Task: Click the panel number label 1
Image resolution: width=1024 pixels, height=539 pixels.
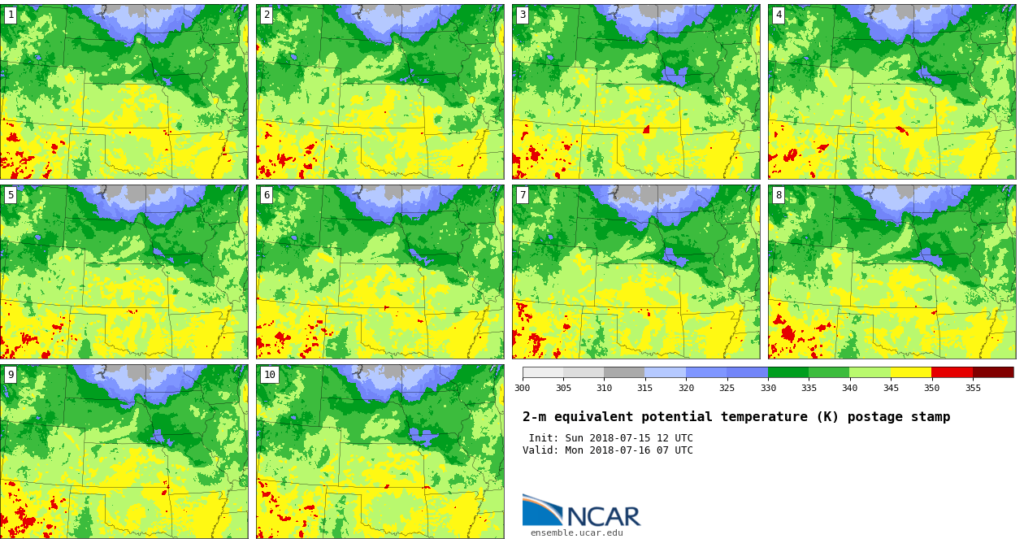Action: (x=11, y=15)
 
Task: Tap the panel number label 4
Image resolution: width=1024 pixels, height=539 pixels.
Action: (x=779, y=15)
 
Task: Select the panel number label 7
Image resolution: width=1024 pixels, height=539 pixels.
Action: (x=523, y=195)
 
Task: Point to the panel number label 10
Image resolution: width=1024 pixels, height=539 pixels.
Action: (x=269, y=375)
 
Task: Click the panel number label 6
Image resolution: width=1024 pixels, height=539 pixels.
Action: (x=267, y=195)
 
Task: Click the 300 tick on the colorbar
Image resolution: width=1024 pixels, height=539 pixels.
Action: (x=522, y=388)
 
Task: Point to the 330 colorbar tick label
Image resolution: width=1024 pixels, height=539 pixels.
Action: (x=768, y=388)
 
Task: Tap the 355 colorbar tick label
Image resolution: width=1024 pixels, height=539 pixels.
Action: (x=973, y=388)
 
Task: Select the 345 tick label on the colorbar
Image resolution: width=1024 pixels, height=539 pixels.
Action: (x=891, y=388)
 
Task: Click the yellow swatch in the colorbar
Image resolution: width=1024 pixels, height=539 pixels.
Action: (x=911, y=372)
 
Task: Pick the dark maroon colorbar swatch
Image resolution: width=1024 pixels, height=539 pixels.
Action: (x=993, y=372)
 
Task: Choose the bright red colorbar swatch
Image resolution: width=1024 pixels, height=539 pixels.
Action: (x=952, y=372)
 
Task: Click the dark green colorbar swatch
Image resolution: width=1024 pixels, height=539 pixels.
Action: (x=788, y=372)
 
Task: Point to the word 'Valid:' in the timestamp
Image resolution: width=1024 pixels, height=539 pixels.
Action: (x=540, y=450)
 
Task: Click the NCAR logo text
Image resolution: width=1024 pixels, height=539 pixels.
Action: (x=603, y=516)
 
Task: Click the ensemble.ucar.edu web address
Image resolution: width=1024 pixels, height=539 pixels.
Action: (x=576, y=533)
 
